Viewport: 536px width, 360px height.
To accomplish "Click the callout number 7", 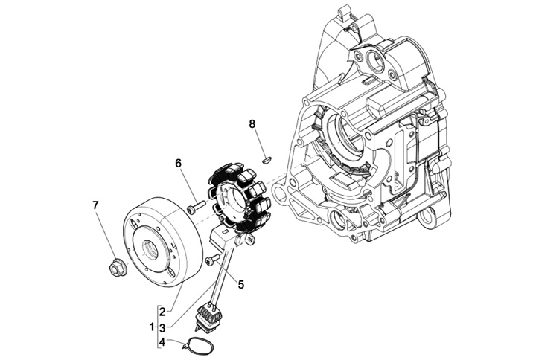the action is (95, 205).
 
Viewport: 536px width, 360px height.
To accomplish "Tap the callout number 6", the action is (179, 163).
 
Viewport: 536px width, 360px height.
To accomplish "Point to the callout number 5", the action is (241, 283).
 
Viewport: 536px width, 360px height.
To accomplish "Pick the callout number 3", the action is (162, 327).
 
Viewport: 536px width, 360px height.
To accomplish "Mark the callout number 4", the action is (162, 341).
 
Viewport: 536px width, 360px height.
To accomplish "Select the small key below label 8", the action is (268, 158).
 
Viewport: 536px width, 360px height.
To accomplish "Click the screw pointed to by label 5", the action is (212, 259).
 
